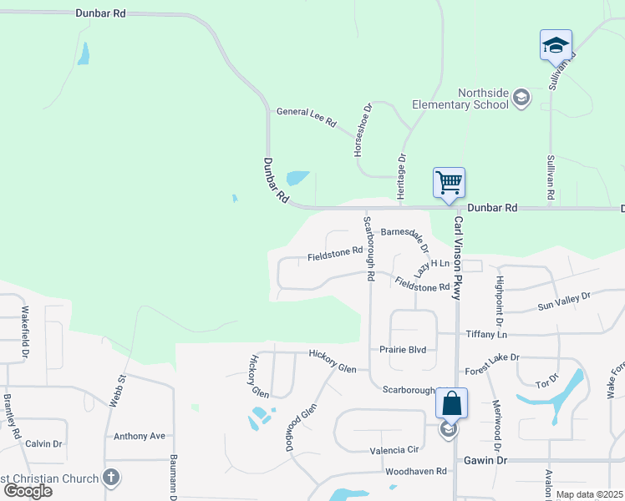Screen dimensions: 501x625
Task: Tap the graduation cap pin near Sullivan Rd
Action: pos(556,46)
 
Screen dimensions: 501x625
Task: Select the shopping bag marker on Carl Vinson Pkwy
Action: pos(451,403)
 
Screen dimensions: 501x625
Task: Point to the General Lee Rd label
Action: pos(306,117)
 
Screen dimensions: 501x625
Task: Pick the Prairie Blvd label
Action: pos(403,350)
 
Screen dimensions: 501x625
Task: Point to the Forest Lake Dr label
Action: pos(492,362)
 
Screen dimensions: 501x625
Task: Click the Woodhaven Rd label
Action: pos(416,472)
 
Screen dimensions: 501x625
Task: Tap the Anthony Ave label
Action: pos(140,436)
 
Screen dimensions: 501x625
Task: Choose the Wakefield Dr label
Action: pos(25,332)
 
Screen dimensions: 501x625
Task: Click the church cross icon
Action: pos(109,478)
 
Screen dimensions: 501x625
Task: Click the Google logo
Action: pos(28,490)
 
